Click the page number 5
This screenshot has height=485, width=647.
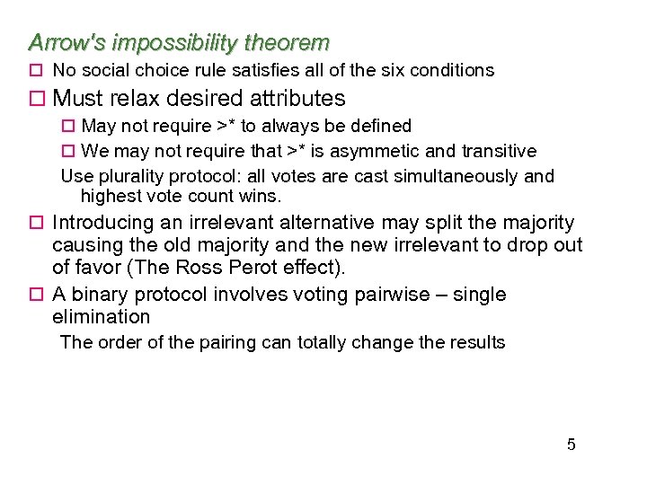pyautogui.click(x=572, y=445)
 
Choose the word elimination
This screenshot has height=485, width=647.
pyautogui.click(x=102, y=317)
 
